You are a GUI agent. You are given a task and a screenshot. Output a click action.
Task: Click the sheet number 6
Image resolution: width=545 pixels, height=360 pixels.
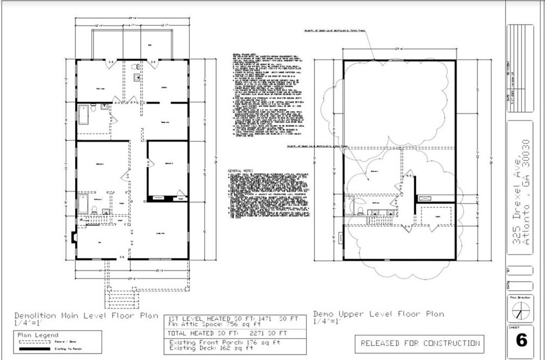tap(520, 341)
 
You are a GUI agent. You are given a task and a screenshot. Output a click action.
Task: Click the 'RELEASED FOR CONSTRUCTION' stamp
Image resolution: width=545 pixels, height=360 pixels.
tap(420, 343)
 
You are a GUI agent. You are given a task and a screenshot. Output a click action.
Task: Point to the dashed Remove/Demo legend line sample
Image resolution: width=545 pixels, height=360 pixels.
tap(33, 342)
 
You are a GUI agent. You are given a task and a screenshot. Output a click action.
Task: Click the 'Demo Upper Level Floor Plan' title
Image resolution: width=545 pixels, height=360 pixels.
tap(378, 314)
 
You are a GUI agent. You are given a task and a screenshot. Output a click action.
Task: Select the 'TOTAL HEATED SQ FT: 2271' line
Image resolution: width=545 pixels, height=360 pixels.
tap(228, 333)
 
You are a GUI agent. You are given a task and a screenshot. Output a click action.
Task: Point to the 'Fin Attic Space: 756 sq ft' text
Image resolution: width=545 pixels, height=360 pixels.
tap(210, 323)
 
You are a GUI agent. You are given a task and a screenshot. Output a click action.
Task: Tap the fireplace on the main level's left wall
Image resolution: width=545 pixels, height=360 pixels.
tap(74, 236)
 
